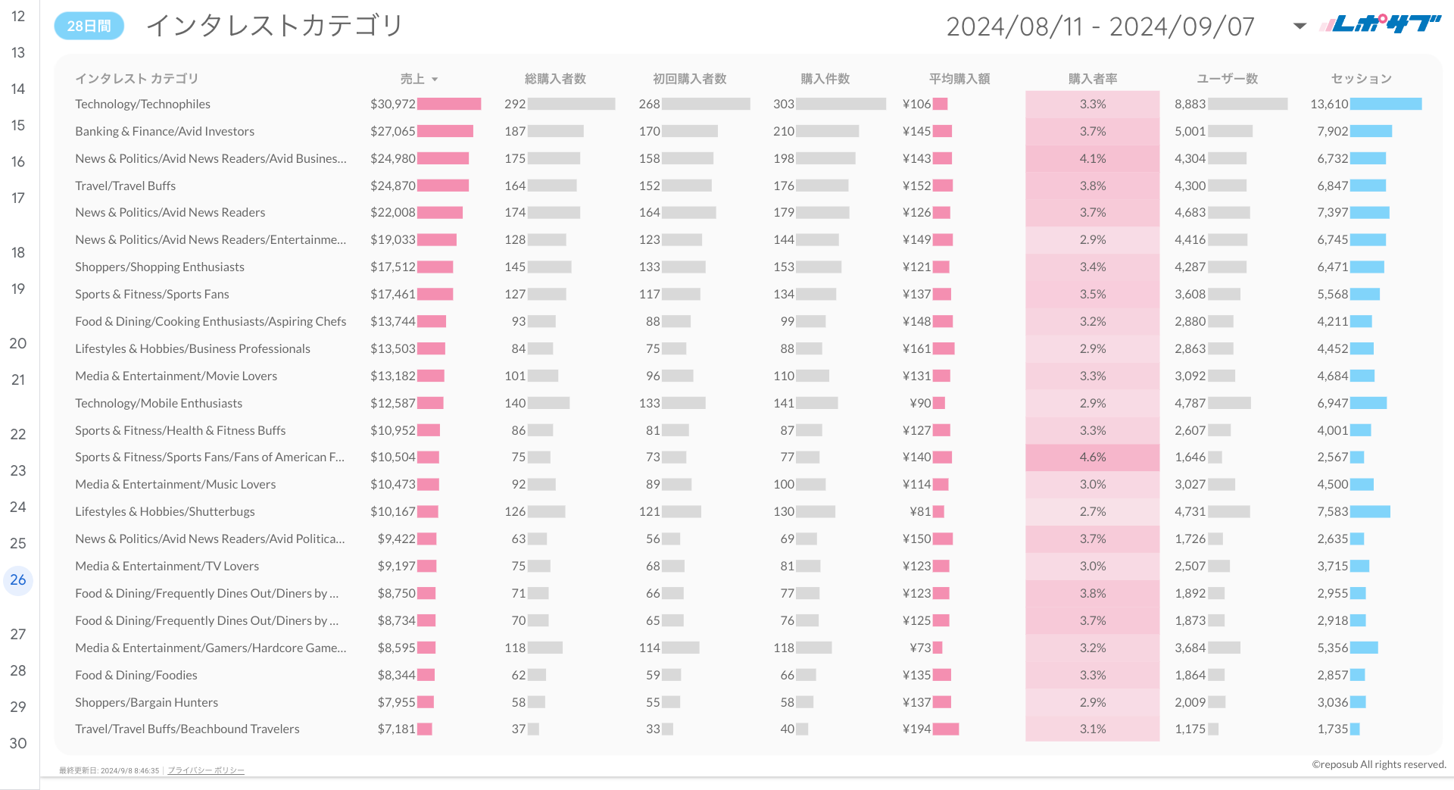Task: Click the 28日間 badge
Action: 89,26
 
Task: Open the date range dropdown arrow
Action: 1300,27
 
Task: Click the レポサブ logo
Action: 1380,24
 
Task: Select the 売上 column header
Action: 413,79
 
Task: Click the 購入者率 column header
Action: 1092,79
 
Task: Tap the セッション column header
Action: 1361,79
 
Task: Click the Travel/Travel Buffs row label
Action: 125,186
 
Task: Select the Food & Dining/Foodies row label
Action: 136,675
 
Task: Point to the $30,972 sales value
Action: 392,104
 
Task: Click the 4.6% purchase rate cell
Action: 1092,457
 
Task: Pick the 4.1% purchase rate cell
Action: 1092,158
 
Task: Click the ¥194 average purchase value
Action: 916,729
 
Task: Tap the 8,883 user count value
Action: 1190,104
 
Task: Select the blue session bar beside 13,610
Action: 1386,104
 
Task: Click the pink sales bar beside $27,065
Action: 445,131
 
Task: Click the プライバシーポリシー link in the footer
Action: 206,770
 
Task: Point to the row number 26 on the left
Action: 18,580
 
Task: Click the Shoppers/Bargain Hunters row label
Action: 146,702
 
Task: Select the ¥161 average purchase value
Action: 916,348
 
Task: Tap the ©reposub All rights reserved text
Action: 1378,764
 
